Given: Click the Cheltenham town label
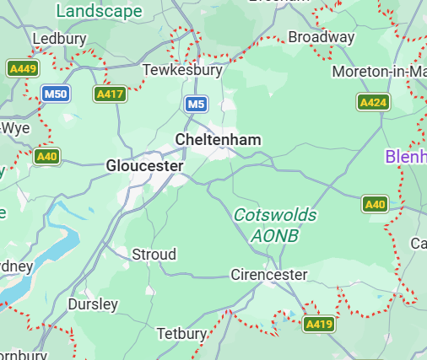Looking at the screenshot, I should coord(218,139).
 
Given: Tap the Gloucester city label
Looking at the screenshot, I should coord(144,166).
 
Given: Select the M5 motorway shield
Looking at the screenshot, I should coord(196,104).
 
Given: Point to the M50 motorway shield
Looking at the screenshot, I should coord(55,94).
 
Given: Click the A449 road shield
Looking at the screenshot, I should coord(22,68).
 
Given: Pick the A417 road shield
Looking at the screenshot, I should coord(110,94).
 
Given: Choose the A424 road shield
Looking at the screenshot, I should coord(373,102).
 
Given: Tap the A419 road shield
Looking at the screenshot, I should coord(318,324).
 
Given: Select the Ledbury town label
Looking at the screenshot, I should coord(58,40).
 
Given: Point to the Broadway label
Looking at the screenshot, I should coord(321,37).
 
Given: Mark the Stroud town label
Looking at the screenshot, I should coord(154,254).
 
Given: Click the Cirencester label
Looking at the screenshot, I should coord(269,275).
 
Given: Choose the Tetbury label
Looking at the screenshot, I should coord(181,333).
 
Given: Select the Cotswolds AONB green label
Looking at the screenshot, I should coord(275,225).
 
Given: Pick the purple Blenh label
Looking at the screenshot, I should coord(405,156).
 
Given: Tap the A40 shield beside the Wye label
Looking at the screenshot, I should coord(47,156).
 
